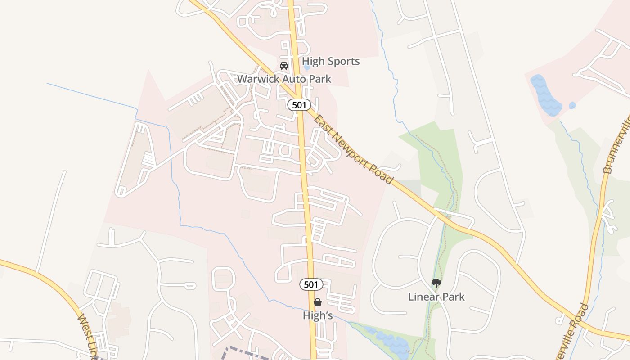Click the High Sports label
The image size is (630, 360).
(331, 61)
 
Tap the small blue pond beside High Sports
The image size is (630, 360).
(307, 67)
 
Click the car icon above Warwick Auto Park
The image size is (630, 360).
(284, 66)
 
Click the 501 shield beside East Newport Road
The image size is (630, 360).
(299, 105)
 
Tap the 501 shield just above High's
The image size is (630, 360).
(311, 284)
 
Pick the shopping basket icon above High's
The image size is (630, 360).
(318, 302)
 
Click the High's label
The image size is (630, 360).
(318, 315)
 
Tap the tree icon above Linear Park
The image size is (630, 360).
(436, 283)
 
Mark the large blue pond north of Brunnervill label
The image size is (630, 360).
(545, 96)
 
